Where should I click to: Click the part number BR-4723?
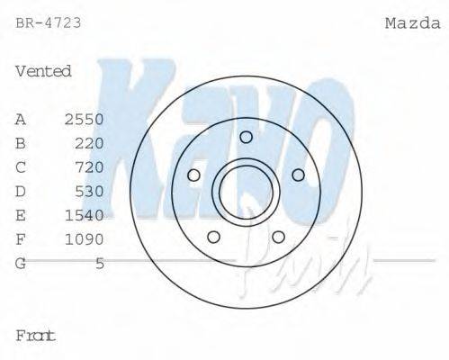click(x=49, y=22)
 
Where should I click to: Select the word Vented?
click(x=43, y=71)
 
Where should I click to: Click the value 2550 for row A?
click(x=85, y=119)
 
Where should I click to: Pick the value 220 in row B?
click(x=90, y=143)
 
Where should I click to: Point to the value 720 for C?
click(x=90, y=167)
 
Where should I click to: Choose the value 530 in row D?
click(x=90, y=191)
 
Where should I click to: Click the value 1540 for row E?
click(x=85, y=215)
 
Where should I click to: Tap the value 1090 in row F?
click(x=85, y=239)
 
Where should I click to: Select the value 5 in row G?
click(x=100, y=264)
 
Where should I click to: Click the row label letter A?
click(x=21, y=119)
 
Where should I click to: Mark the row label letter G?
click(x=21, y=264)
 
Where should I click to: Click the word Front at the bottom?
click(x=36, y=336)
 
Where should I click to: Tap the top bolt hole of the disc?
click(x=246, y=137)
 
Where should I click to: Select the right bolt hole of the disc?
click(x=299, y=175)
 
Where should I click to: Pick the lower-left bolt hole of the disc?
click(x=213, y=237)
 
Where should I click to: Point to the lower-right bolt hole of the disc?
click(x=278, y=237)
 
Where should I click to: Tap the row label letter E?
click(x=21, y=215)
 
